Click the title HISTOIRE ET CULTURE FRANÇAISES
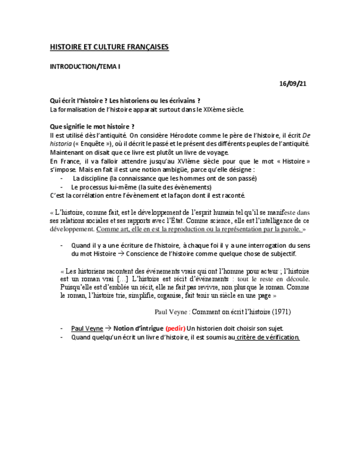[109, 47]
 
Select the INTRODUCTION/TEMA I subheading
[85, 66]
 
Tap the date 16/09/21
[292, 84]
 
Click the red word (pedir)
[175, 329]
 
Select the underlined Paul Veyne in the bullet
[87, 329]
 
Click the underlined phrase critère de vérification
[267, 337]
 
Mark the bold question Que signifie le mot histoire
[92, 126]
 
